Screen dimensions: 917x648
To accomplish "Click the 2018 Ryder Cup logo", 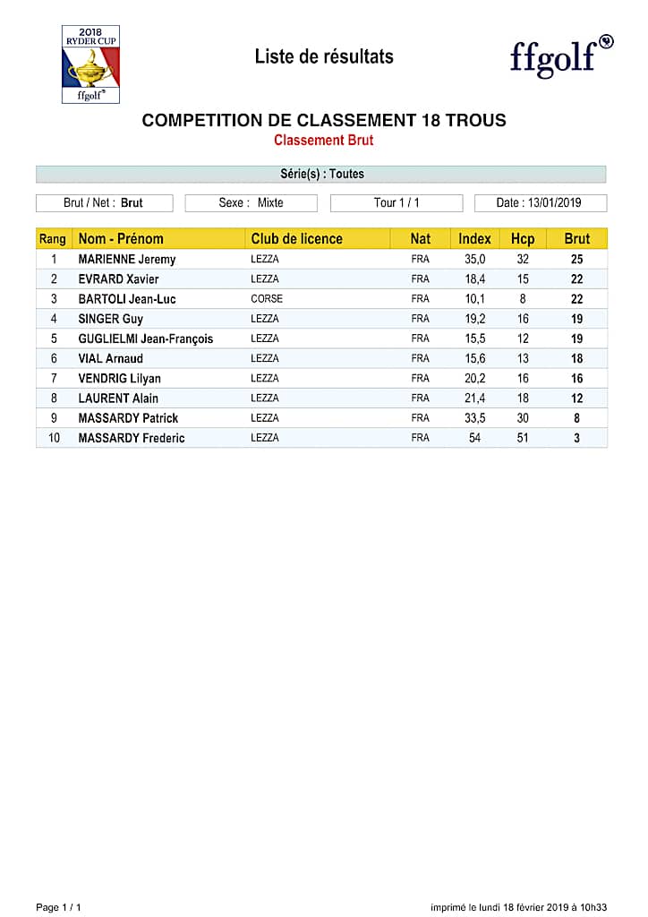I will pos(90,64).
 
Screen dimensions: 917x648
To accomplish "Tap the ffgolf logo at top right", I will pos(561,56).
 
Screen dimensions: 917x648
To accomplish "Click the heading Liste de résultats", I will pos(324,56).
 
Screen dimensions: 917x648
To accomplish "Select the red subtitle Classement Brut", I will pos(323,141).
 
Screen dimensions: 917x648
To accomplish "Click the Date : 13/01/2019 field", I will pos(540,203).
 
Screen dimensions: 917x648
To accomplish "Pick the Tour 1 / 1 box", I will pos(396,203).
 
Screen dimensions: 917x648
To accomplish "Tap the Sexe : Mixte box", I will pos(251,203).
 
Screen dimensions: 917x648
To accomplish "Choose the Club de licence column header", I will pos(296,239).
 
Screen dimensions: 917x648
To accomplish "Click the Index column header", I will pos(474,239).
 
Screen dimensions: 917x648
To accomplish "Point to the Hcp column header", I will pos(523,239).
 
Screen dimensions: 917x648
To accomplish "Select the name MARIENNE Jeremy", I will pos(127,260).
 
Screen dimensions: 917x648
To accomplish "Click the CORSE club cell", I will pos(267,299).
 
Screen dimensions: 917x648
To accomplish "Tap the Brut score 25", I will pos(577,260).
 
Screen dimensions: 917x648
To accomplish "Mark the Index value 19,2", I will pos(474,319).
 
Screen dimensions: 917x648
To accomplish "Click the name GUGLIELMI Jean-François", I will pos(146,339).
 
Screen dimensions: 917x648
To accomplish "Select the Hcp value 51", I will pos(523,438).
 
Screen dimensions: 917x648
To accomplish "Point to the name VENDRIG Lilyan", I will pos(120,379).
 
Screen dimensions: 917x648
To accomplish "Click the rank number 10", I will pos(54,438).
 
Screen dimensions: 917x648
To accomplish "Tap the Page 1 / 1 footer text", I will pos(58,907).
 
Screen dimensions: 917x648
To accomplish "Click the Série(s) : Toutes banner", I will pos(321,174).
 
